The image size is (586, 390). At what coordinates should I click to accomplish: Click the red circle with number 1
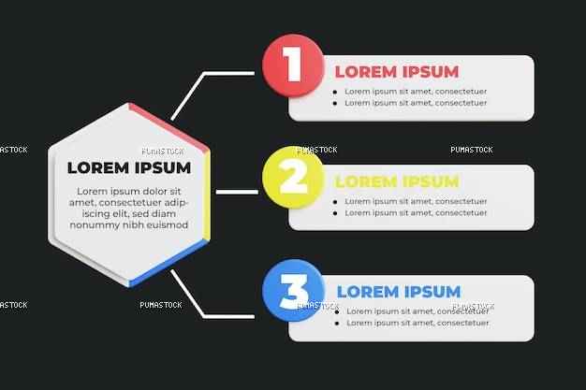coord(293,65)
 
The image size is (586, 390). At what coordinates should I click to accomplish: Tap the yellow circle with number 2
coord(293,177)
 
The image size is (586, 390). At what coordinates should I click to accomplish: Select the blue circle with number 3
coord(293,290)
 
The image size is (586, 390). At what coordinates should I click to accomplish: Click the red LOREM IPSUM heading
coord(397,72)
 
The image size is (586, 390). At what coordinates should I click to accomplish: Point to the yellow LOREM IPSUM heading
coord(397,181)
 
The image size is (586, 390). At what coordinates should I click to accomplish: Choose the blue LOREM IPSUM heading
coord(399,292)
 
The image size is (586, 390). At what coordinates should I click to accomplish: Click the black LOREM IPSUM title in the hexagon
coord(129,167)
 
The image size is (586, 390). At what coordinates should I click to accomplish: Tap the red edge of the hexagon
coord(168,128)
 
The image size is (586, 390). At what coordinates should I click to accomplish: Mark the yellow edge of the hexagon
coord(207,195)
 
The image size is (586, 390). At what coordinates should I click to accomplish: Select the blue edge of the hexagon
coord(168,263)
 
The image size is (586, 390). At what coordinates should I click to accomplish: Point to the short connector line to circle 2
coord(237,192)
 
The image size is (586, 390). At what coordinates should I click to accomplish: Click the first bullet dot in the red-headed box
coord(335,92)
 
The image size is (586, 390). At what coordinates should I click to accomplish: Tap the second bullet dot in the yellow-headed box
coord(335,213)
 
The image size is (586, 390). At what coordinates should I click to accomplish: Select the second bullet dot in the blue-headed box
coord(337,324)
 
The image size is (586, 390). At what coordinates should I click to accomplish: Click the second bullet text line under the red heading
coord(416,103)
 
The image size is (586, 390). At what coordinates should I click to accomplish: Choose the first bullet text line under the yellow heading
coord(416,201)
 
